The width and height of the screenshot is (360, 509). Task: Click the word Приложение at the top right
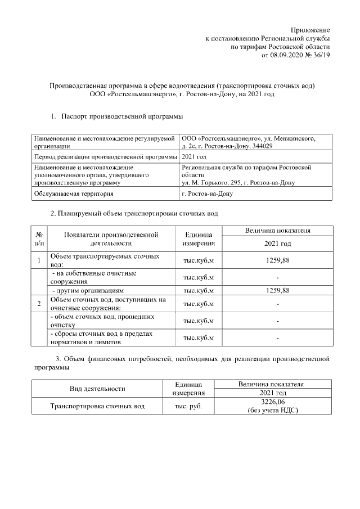click(x=310, y=29)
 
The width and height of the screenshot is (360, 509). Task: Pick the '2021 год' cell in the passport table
click(x=195, y=156)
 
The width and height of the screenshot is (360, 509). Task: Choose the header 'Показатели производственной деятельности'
click(x=110, y=238)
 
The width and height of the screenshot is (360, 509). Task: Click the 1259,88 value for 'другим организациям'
click(x=278, y=290)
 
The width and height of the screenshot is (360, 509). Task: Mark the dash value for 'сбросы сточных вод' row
click(x=278, y=337)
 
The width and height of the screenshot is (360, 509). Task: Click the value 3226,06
click(x=272, y=402)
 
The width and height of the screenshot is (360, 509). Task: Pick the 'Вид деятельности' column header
click(x=97, y=388)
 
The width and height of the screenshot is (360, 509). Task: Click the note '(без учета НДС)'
click(x=272, y=410)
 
